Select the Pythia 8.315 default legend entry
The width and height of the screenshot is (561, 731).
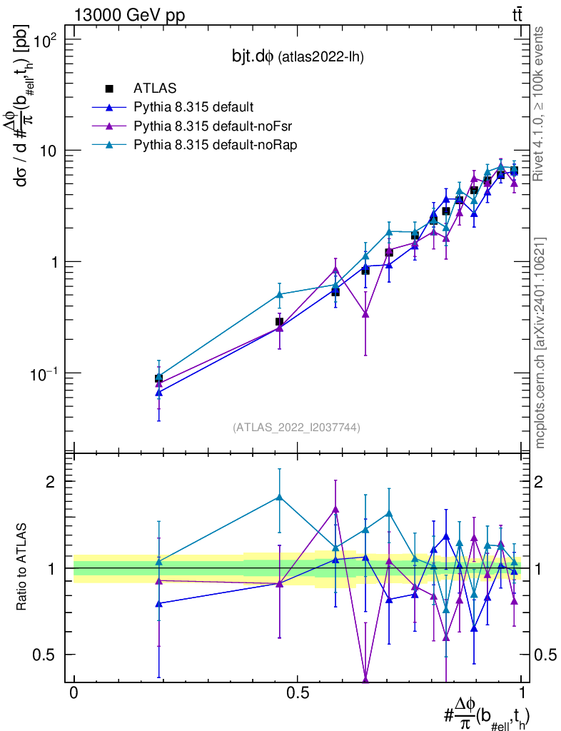[193, 108]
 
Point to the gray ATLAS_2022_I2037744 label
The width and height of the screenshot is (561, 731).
[295, 428]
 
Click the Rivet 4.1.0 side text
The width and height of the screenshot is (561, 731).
[539, 104]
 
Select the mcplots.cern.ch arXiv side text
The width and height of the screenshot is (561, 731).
[540, 343]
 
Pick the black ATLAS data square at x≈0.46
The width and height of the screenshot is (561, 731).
[280, 322]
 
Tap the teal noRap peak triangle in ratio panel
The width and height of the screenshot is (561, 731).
[280, 497]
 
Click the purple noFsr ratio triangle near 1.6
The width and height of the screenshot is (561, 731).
[335, 509]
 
